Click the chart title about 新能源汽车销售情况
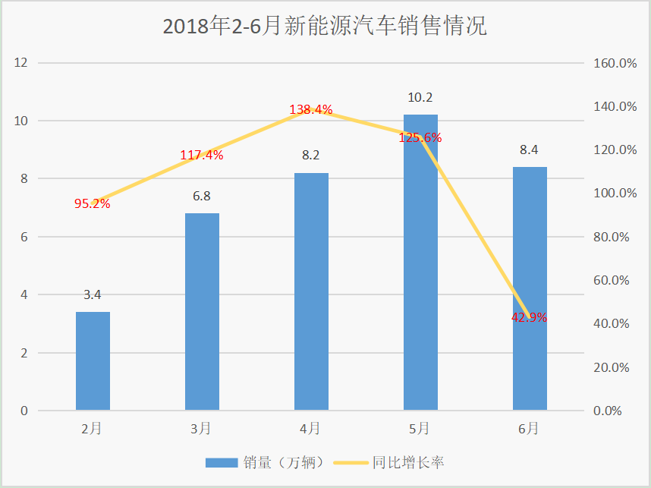coord(325,25)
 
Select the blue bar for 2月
coord(93,361)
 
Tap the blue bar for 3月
coord(202,312)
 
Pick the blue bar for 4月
coord(311,291)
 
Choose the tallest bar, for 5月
coord(420,263)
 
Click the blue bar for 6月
coord(530,288)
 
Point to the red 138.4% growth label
coord(311,109)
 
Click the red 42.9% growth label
coord(530,318)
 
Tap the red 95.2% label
coord(92,203)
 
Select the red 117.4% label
coord(202,156)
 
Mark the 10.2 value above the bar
coord(420,98)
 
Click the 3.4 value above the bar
coord(92,295)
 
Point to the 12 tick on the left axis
coord(20,63)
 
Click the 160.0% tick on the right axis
coord(615,63)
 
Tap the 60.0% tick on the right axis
coord(612,280)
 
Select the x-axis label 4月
coord(310,429)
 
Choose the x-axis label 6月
coord(529,429)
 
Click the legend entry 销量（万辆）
coord(265,462)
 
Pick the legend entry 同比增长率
coord(389,462)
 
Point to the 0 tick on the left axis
coord(24,411)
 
